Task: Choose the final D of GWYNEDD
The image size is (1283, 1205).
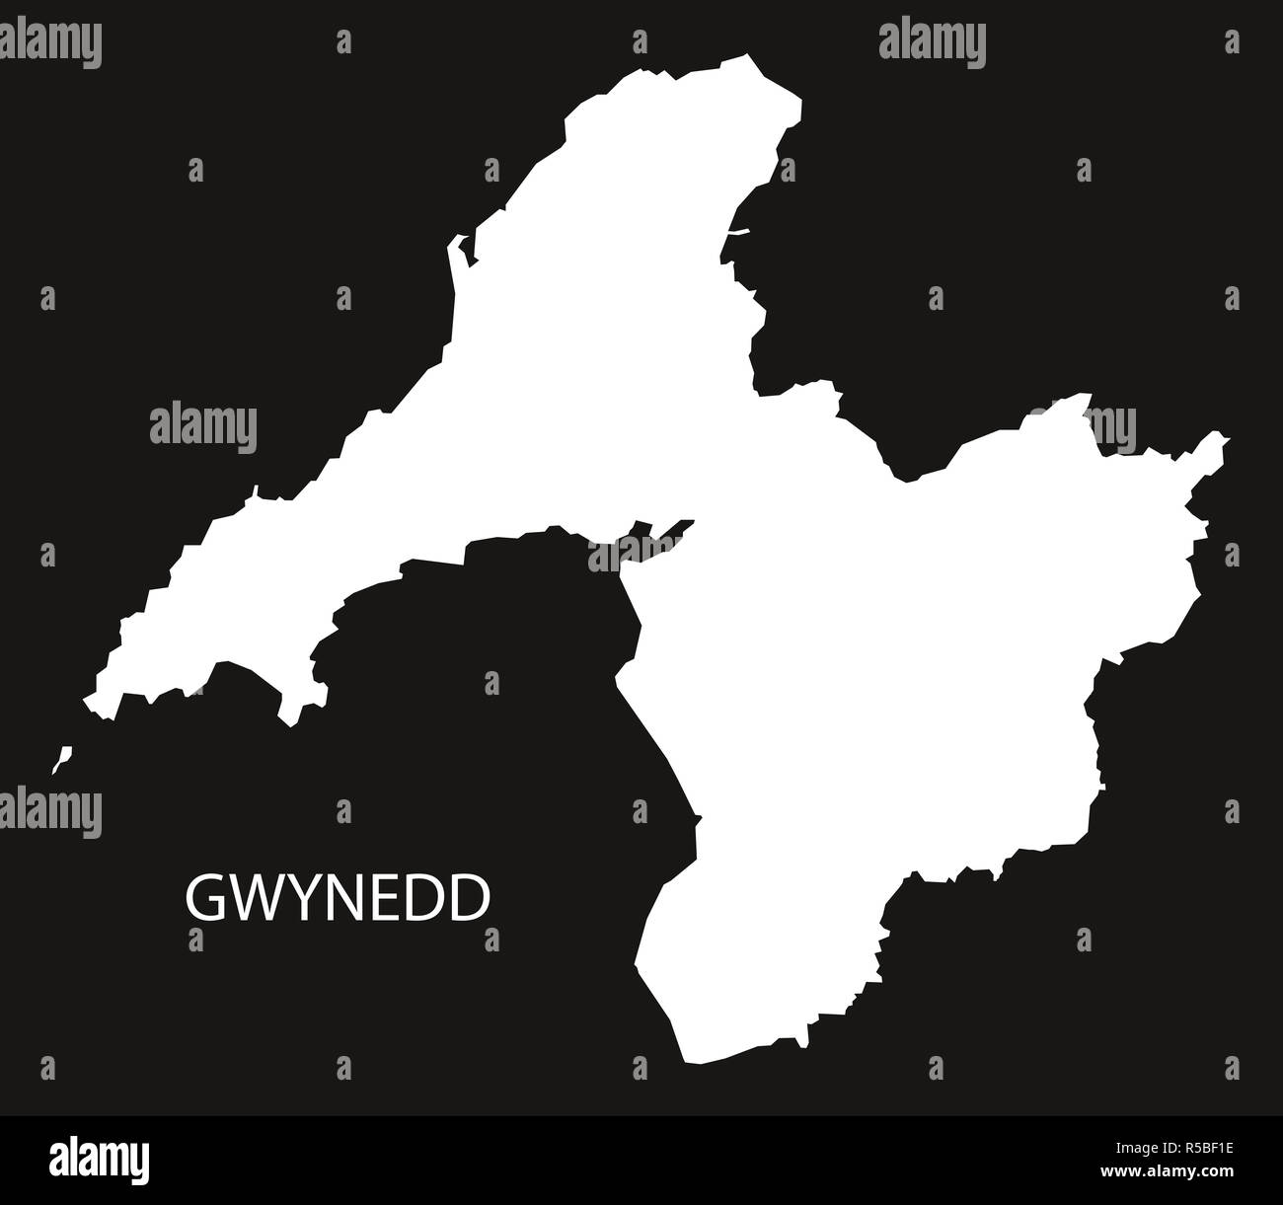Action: click(x=471, y=898)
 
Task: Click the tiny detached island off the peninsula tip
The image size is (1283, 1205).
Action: click(x=62, y=758)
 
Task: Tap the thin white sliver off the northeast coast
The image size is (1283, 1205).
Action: click(x=738, y=232)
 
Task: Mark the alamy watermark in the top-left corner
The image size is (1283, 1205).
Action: click(x=51, y=41)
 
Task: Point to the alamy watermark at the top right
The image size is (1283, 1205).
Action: click(x=932, y=41)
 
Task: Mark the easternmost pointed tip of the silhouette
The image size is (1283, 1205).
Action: click(x=1227, y=437)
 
